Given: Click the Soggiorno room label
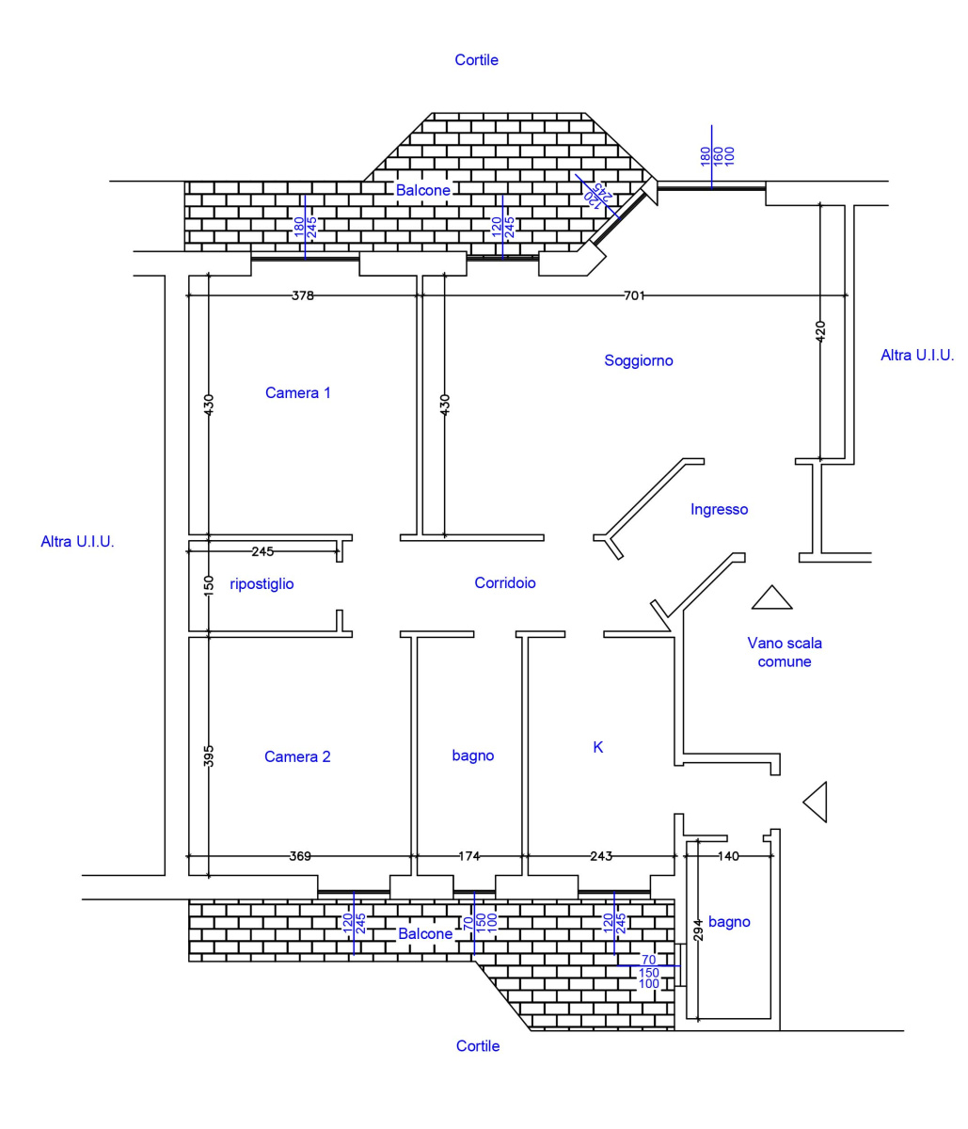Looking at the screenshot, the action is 638,360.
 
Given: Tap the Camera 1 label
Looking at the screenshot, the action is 297,392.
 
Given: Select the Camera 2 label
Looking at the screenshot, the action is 297,756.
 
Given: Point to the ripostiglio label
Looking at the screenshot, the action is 262,584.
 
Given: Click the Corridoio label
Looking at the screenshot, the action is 505,582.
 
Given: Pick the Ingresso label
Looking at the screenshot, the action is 719,510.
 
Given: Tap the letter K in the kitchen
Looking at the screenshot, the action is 598,747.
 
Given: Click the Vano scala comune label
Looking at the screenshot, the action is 785,652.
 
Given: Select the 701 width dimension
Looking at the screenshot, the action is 634,295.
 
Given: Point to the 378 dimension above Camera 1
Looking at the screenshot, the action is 303,295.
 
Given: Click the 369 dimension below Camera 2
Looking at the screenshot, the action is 300,856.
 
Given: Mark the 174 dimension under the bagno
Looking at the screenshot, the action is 468,856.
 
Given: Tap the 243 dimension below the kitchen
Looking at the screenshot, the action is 601,856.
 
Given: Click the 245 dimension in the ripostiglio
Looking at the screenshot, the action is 262,551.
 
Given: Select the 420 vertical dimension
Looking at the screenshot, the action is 820,331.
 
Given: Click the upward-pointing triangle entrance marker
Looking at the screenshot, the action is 772,597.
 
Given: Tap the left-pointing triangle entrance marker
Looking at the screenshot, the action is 815,802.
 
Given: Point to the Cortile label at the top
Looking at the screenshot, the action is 476,59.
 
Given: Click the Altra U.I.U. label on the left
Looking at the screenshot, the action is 77,541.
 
